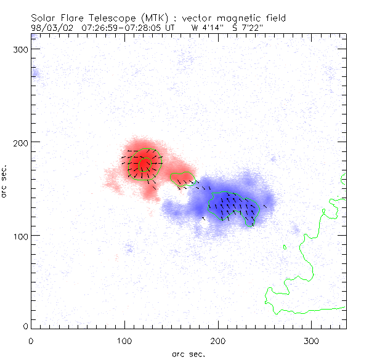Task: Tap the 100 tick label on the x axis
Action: point(124,340)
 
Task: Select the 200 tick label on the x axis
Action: point(218,340)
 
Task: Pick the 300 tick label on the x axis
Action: point(312,340)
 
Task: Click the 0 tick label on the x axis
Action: point(31,340)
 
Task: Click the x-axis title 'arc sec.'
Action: point(188,353)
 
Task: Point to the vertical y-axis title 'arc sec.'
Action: point(4,181)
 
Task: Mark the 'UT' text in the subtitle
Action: point(170,27)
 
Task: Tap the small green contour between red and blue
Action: point(182,179)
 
